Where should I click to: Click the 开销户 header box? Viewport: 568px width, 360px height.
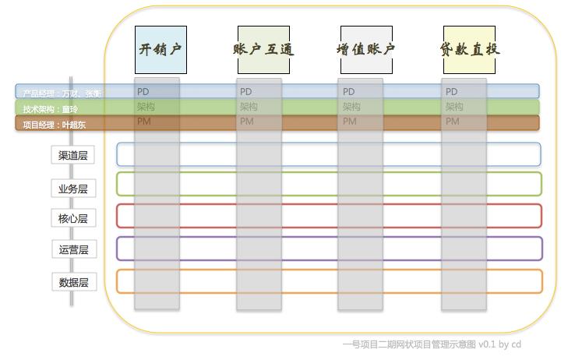pyautogui.click(x=161, y=49)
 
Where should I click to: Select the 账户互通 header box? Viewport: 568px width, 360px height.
pyautogui.click(x=263, y=49)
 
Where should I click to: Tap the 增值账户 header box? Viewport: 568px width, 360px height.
pyautogui.click(x=365, y=49)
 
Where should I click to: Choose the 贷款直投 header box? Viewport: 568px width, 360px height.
pyautogui.click(x=469, y=49)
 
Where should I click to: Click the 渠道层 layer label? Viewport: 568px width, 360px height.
pyautogui.click(x=73, y=155)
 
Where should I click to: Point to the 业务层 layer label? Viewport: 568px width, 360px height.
pyautogui.click(x=73, y=189)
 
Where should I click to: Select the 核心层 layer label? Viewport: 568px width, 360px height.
pyautogui.click(x=73, y=218)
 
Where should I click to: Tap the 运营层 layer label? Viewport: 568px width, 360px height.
pyautogui.click(x=73, y=249)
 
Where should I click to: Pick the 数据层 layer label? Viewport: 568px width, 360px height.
pyautogui.click(x=73, y=282)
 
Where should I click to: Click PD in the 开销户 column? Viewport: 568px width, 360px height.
pyautogui.click(x=143, y=92)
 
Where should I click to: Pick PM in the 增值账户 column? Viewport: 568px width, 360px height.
pyautogui.click(x=349, y=122)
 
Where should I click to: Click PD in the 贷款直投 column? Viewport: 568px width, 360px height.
pyautogui.click(x=452, y=92)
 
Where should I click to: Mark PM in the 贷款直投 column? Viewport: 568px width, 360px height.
pyautogui.click(x=452, y=122)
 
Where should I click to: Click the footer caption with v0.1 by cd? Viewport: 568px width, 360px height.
pyautogui.click(x=432, y=344)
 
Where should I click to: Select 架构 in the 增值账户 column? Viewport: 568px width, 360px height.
pyautogui.click(x=351, y=107)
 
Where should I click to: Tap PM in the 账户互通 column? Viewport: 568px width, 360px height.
pyautogui.click(x=246, y=122)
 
